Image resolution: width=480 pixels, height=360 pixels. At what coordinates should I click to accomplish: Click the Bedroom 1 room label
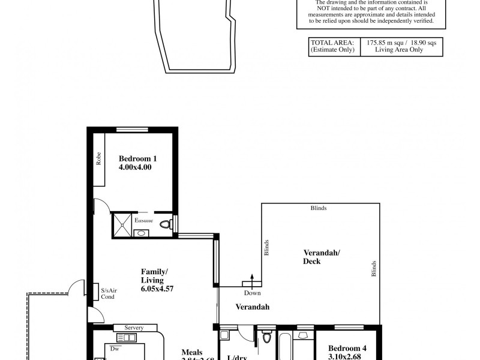[x=137, y=158]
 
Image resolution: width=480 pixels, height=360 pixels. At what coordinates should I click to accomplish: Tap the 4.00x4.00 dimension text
[x=135, y=167]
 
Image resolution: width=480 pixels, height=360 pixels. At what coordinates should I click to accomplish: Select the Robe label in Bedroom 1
[x=98, y=158]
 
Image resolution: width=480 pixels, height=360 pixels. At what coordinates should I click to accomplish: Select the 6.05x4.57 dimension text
[x=157, y=289]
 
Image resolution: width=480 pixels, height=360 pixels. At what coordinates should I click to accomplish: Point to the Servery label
[x=134, y=328]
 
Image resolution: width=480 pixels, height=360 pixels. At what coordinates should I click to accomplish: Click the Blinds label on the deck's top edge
[x=319, y=208]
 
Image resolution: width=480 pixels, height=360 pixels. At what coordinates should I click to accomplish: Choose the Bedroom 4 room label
[x=347, y=347]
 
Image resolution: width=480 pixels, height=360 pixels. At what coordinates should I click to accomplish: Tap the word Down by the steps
[x=252, y=293]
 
